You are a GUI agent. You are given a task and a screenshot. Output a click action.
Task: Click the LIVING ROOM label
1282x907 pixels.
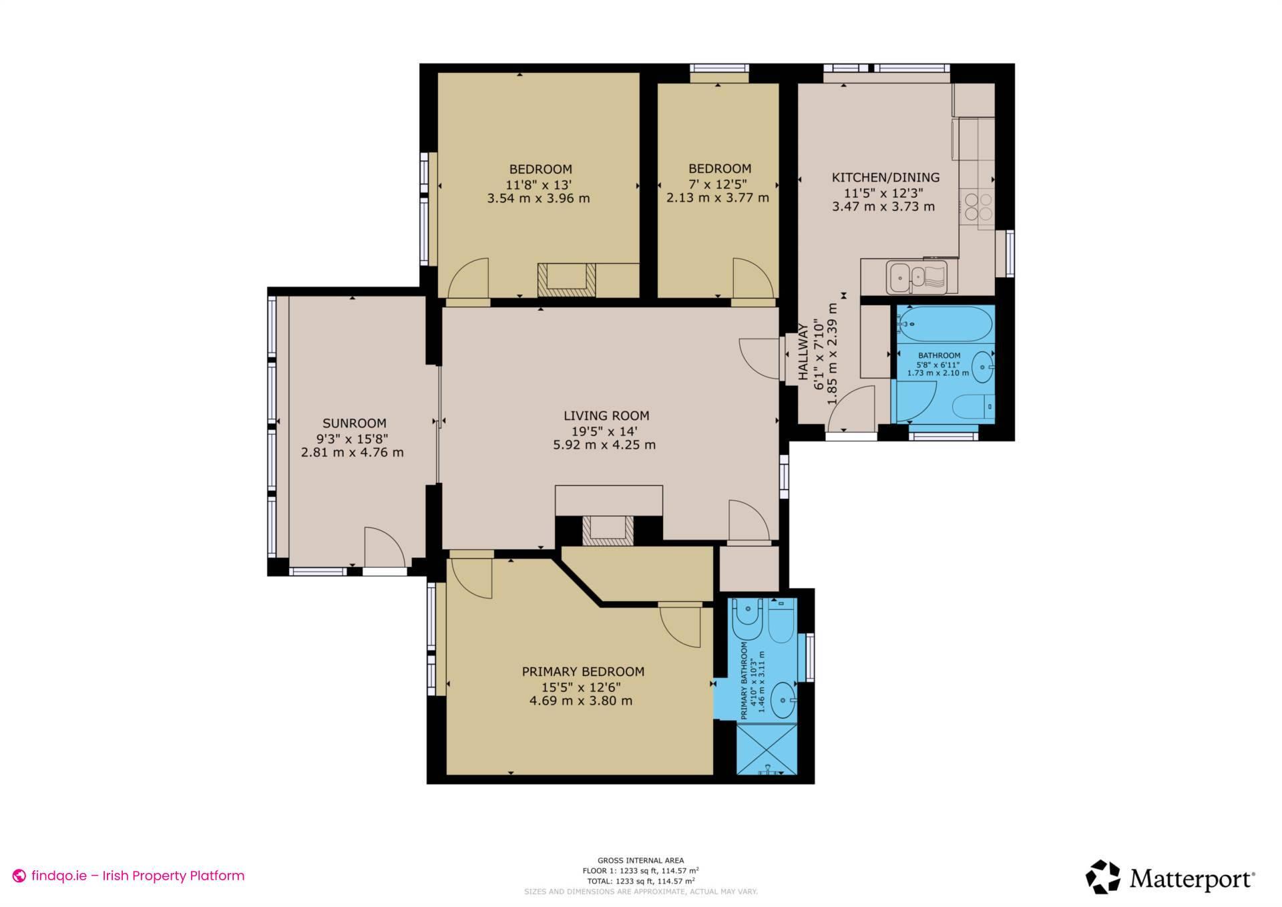[606, 415]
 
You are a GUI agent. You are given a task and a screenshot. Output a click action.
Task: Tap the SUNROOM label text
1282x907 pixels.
[354, 423]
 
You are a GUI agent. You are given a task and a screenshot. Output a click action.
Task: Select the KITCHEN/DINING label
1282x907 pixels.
[885, 177]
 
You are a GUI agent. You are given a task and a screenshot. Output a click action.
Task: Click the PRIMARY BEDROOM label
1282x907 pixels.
[583, 672]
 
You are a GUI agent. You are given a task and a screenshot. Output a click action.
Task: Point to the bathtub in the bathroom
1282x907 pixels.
[943, 325]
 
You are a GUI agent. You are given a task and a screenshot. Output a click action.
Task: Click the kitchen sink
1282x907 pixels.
[916, 277]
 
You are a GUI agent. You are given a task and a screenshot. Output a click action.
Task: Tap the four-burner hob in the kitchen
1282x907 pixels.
[977, 206]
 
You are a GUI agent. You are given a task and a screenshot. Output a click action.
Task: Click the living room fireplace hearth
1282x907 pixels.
[608, 532]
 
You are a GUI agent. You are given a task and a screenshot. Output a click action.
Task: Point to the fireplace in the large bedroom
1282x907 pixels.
[566, 279]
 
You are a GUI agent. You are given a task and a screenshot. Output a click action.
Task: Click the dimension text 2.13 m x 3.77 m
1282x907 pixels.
[718, 198]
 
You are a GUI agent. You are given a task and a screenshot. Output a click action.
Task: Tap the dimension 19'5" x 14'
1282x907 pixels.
[604, 431]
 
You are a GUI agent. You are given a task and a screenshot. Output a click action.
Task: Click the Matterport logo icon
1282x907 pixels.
[1103, 877]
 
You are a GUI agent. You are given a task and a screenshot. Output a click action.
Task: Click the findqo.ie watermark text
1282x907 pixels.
[138, 876]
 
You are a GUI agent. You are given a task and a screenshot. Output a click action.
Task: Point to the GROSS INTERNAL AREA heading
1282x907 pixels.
[640, 861]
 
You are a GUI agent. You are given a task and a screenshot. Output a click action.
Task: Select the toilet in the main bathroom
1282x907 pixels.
[972, 405]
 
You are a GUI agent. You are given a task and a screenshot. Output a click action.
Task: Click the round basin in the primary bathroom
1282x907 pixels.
[783, 700]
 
